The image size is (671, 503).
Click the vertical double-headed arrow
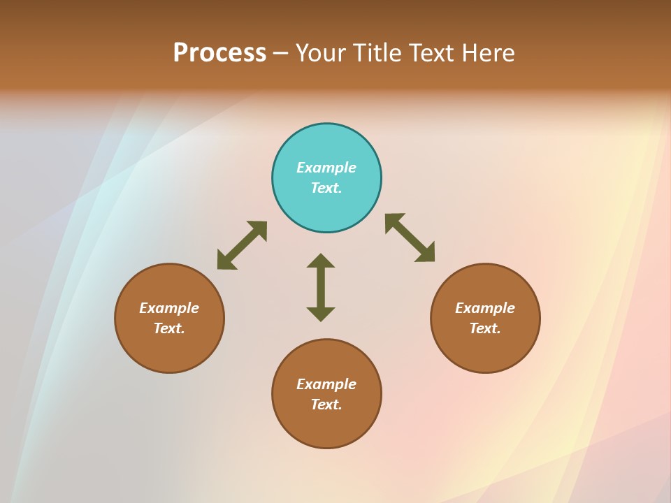(x=321, y=287)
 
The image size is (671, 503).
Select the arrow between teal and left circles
(x=242, y=245)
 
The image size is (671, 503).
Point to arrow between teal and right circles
(x=410, y=238)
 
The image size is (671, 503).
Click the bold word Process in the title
(x=219, y=53)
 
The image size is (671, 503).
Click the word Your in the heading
(x=321, y=53)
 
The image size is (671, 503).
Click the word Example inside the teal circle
(x=326, y=168)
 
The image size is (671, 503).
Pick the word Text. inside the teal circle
(x=326, y=188)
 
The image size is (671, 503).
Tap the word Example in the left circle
(x=169, y=308)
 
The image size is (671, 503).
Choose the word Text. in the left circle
(x=169, y=328)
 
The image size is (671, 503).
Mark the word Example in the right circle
(x=485, y=308)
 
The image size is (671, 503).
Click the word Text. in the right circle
(x=485, y=328)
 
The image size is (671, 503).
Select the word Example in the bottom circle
(x=326, y=384)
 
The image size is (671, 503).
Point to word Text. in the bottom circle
(x=326, y=404)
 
